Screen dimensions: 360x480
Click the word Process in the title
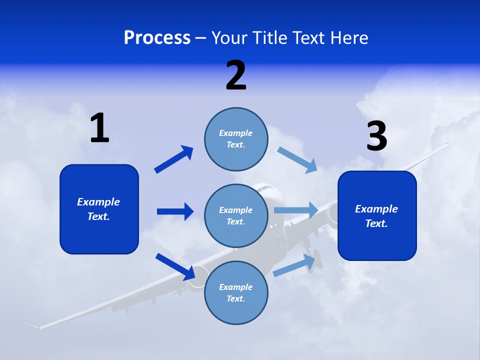pos(157,38)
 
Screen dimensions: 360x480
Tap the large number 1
pos(99,128)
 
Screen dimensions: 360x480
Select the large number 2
pos(236,75)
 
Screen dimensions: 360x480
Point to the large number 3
pos(376,136)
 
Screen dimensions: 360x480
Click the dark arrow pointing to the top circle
pos(174,159)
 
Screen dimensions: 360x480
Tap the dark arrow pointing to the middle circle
pos(175,211)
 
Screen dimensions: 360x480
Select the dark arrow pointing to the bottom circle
pos(175,266)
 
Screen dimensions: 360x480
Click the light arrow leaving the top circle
pos(297,160)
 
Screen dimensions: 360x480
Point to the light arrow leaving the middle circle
pos(296,210)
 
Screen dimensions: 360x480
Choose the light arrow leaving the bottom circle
pos(296,265)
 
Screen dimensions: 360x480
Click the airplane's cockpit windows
pos(265,188)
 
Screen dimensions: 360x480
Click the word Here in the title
pos(349,38)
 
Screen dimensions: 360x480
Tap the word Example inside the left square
pos(98,202)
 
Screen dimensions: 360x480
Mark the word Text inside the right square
pos(376,223)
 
